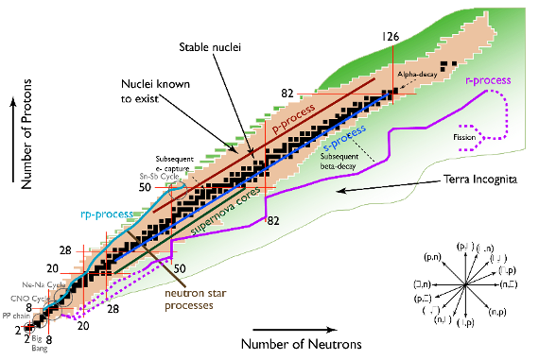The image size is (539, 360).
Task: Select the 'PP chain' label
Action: coord(12,317)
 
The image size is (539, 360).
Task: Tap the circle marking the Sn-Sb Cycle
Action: coord(179,185)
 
